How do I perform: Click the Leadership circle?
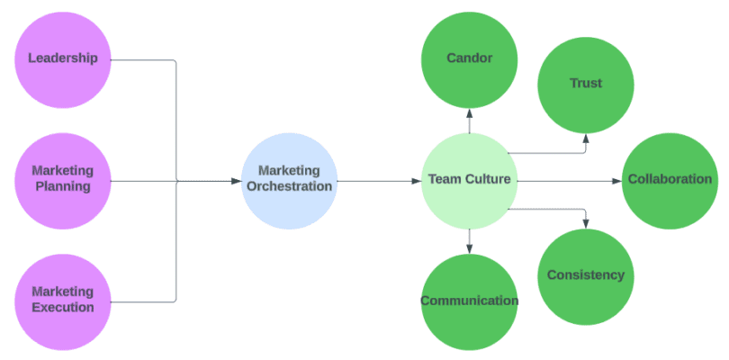(63, 58)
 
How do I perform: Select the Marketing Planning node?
(63, 179)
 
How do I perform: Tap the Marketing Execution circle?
(63, 300)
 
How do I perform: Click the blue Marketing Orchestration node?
(289, 180)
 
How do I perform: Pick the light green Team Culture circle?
(469, 180)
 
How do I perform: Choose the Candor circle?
(469, 58)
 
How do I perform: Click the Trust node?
(585, 84)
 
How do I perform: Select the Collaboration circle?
(670, 180)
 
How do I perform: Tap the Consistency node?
(585, 275)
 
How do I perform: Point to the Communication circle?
(469, 301)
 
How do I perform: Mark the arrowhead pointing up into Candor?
(469, 112)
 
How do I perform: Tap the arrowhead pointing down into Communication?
(469, 247)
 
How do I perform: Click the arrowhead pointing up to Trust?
(586, 138)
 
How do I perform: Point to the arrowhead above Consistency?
(586, 222)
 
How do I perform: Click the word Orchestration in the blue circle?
(289, 187)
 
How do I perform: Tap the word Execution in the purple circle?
(63, 307)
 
